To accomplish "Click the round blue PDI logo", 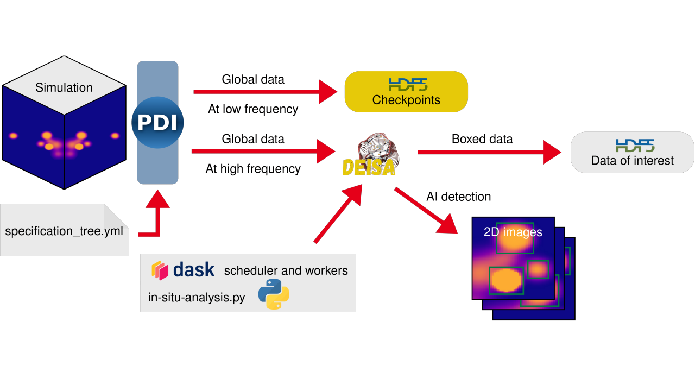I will (157, 122).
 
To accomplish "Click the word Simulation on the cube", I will (64, 87).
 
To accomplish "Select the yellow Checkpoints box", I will (406, 92).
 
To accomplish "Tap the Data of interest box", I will (632, 153).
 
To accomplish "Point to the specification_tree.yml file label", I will (64, 231).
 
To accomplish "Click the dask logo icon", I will (160, 270).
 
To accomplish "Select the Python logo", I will (274, 294).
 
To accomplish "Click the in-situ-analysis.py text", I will (196, 297).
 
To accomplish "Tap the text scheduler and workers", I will (286, 270).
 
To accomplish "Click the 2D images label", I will (513, 232).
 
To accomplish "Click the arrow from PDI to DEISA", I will (263, 151).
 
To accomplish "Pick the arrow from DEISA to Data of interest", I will (489, 152).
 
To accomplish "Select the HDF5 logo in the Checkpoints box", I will (408, 84).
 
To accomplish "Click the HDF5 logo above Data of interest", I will (635, 145).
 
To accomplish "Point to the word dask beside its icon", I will (194, 270).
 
